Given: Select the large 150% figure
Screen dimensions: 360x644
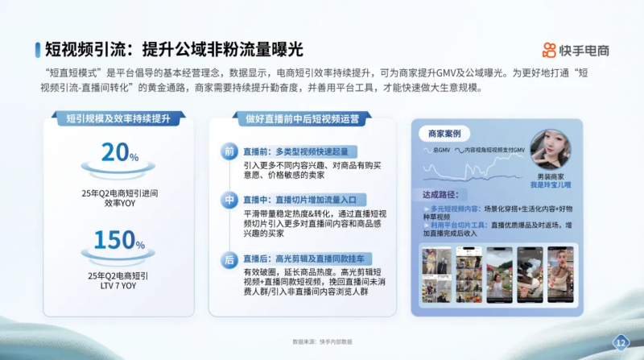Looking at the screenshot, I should tap(122, 240).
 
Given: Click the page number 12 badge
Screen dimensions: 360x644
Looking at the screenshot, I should tap(620, 341).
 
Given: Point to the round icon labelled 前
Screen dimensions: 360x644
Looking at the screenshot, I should tap(229, 151).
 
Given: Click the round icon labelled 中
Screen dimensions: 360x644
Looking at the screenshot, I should tap(229, 198).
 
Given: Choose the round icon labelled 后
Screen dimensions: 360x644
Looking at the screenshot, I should tap(229, 259).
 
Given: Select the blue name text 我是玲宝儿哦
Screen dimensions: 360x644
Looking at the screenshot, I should tap(551, 184).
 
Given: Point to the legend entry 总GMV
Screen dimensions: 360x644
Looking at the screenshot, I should tap(440, 150).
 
